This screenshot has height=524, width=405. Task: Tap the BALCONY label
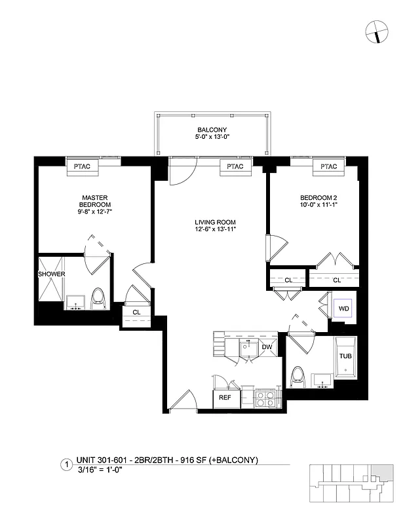[x=212, y=130]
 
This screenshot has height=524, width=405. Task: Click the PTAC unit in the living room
[x=235, y=166]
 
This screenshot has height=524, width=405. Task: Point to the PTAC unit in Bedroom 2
[x=328, y=166]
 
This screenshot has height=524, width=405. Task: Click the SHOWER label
[x=50, y=274]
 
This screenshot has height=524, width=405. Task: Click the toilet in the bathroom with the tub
[x=298, y=376]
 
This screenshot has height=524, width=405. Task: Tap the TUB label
[x=345, y=356]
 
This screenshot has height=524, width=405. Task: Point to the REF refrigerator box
[x=224, y=398]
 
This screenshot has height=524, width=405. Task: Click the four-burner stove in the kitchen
[x=264, y=398]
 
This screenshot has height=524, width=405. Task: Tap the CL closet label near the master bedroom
[x=136, y=312]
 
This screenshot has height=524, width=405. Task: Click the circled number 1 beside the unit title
[x=66, y=465]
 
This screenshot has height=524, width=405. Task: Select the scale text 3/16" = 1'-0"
[x=100, y=470]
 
